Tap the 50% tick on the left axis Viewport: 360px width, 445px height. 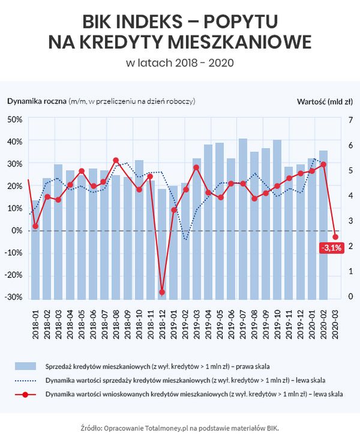point(14,119)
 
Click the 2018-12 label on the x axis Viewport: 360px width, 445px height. point(162,322)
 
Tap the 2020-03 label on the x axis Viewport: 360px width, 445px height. point(335,322)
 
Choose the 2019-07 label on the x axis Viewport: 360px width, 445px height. point(243,322)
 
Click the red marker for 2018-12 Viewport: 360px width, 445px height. point(162,292)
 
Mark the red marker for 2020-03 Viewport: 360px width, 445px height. point(335,237)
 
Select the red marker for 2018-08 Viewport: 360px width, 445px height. point(116,160)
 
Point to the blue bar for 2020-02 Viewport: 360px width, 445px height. point(324,224)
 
